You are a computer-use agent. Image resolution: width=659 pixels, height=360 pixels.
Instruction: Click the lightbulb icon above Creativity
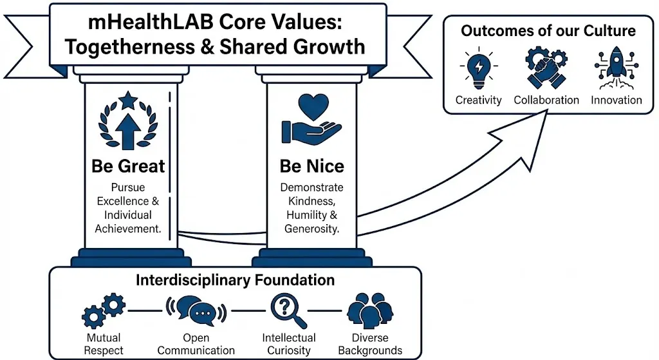tap(479, 70)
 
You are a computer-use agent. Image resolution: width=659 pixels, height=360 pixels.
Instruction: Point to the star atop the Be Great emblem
tap(128, 100)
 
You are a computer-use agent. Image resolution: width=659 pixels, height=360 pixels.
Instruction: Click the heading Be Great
tap(128, 166)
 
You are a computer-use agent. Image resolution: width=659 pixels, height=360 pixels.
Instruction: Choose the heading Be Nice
tap(311, 166)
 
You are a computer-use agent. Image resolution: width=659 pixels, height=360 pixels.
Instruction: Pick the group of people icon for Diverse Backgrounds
tap(370, 310)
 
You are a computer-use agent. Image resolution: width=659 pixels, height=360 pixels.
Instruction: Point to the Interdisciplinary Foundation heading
tap(235, 280)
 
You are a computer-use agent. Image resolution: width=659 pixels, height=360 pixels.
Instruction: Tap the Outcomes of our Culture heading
tap(548, 30)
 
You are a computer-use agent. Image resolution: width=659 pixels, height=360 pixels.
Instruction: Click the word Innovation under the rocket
tap(617, 100)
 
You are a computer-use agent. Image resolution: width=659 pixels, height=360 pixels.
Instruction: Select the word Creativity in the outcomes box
tap(479, 100)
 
